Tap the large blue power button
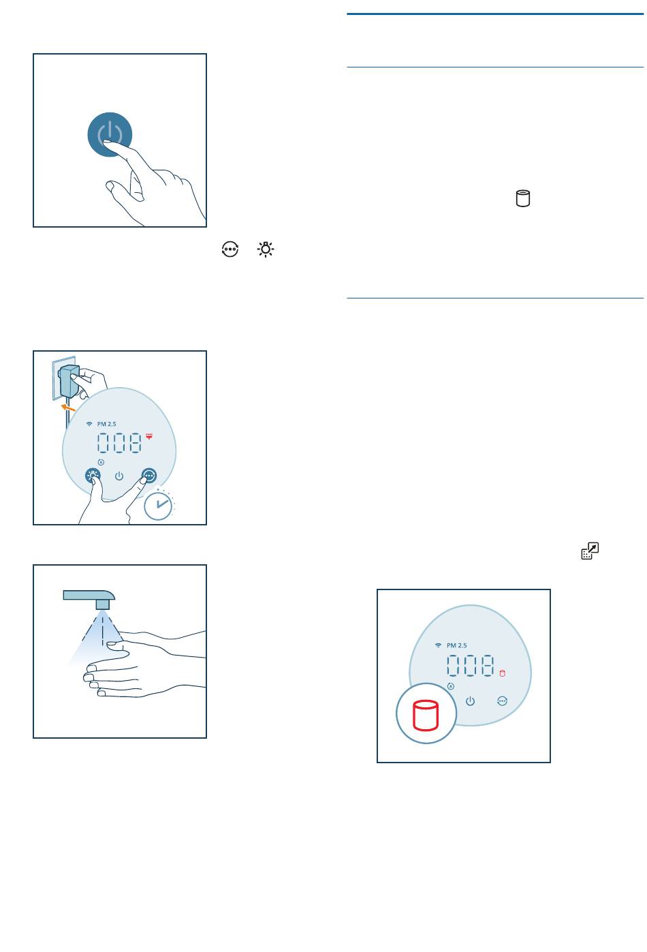[110, 134]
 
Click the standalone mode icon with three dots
[230, 249]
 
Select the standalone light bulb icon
[266, 249]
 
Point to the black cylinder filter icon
[522, 198]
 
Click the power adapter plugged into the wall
[69, 381]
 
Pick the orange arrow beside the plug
[68, 408]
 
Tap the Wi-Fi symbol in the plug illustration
[89, 424]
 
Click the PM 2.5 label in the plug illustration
[107, 424]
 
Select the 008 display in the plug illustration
[119, 442]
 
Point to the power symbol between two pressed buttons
[119, 476]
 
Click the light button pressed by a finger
[93, 476]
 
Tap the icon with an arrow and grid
[590, 551]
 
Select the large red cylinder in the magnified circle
[425, 716]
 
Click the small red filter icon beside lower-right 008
[502, 673]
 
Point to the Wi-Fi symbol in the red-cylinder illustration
[438, 645]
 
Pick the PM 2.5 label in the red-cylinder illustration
[457, 645]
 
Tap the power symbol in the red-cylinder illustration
[470, 701]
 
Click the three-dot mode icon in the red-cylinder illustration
[502, 701]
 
